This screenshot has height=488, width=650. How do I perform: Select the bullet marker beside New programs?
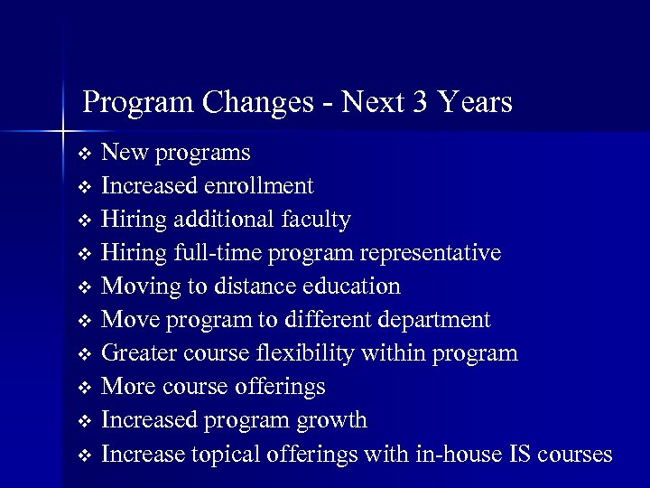85,154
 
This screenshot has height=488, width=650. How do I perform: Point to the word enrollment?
259,186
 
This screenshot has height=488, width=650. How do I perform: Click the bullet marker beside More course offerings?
85,388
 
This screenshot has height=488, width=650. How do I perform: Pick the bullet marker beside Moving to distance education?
85,287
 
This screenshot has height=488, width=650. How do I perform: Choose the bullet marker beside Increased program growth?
85,421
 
